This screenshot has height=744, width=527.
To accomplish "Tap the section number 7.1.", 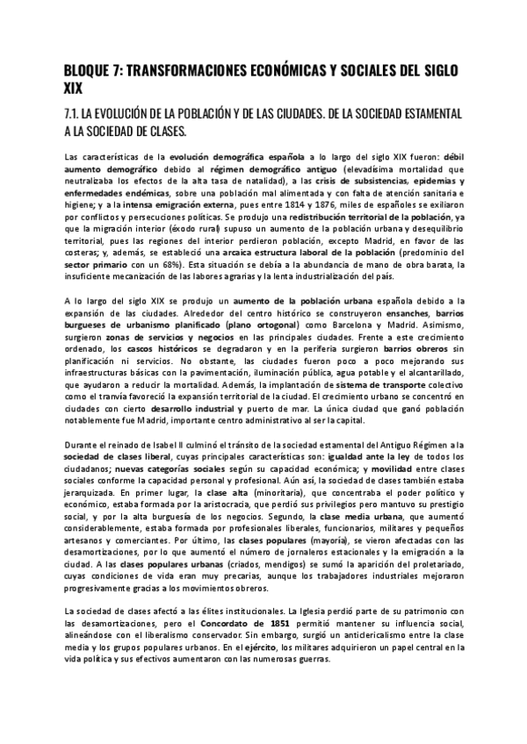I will (77, 114).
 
